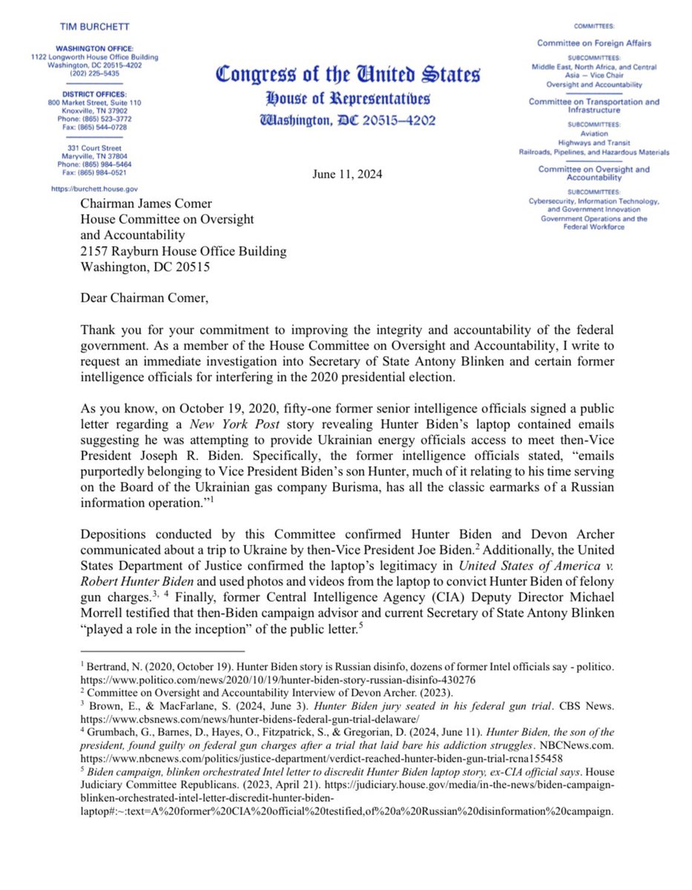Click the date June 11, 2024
346,176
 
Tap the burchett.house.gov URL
94,189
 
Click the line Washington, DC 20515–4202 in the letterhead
347,120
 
